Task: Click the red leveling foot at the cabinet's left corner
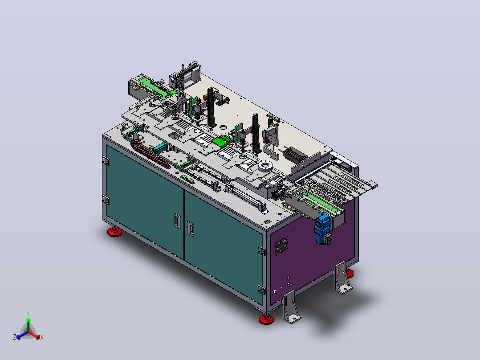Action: [114, 232]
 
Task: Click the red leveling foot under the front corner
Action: [266, 319]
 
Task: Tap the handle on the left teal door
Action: [178, 221]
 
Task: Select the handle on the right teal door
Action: [191, 229]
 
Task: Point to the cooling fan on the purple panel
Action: [282, 245]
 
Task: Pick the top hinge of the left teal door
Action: [106, 160]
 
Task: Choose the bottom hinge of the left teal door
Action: [106, 200]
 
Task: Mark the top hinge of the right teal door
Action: [261, 250]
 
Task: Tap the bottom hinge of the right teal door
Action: [261, 290]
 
